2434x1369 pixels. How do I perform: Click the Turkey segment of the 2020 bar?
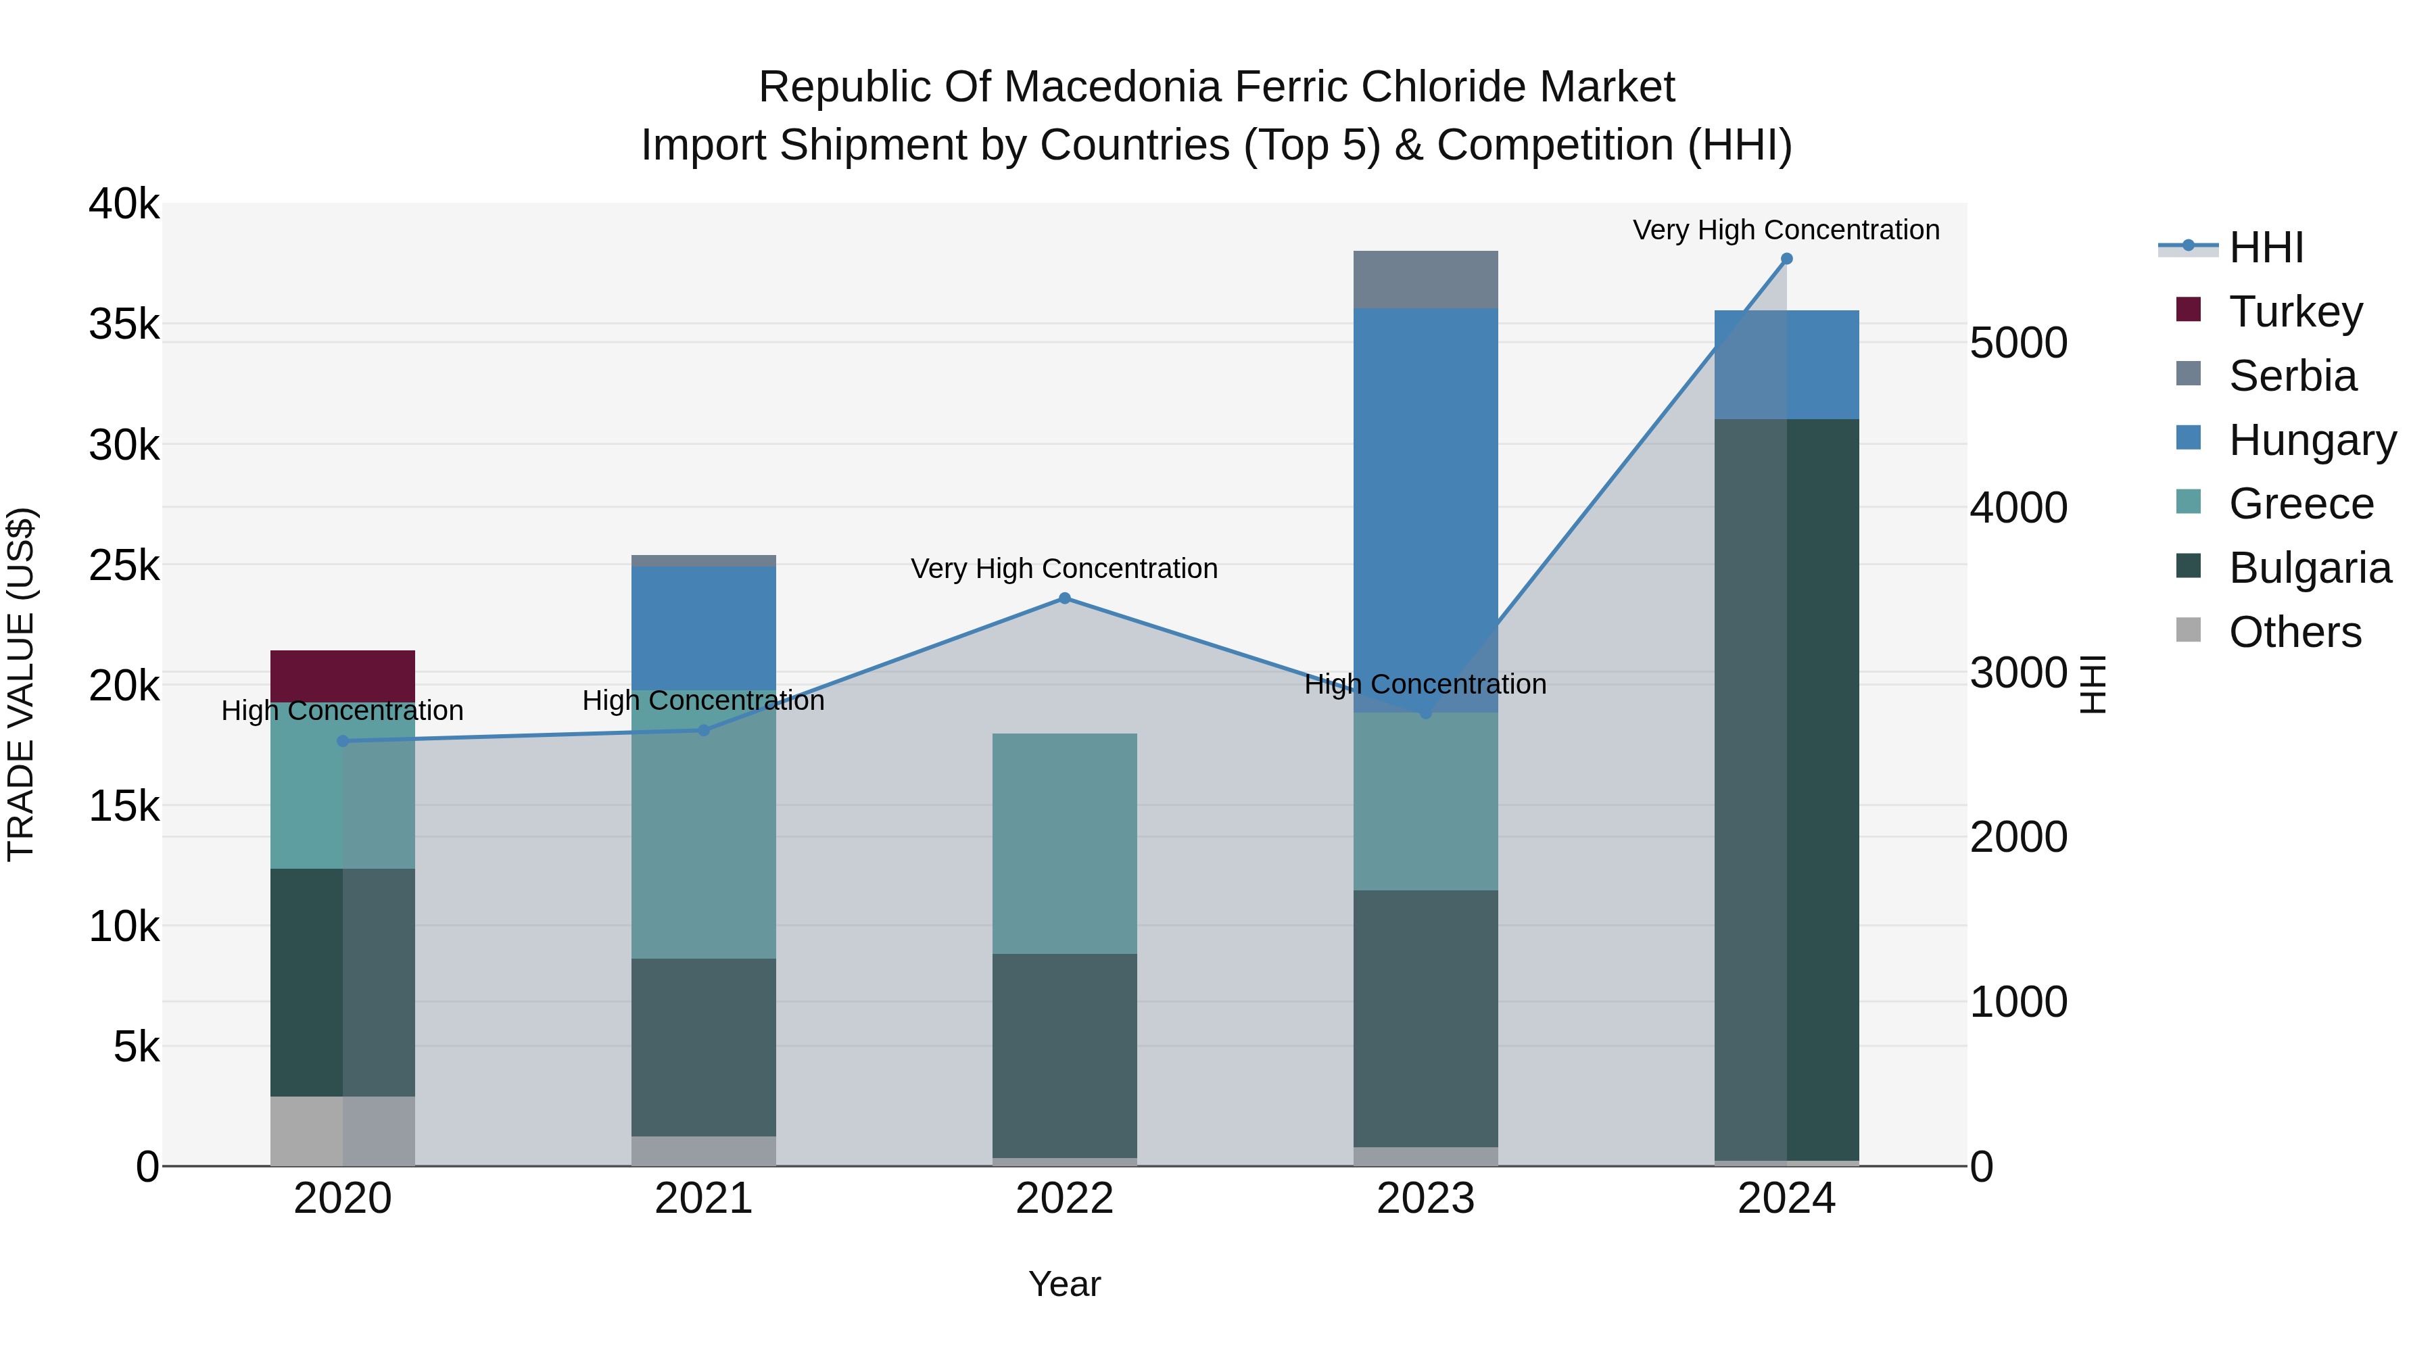(342, 675)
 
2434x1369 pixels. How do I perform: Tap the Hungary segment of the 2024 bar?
(1786, 364)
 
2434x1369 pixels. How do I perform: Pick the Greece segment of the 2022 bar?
(1064, 843)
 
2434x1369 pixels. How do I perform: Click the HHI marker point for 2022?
(1064, 598)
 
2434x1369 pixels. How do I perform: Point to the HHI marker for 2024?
(1786, 259)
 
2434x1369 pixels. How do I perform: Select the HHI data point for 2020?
(342, 741)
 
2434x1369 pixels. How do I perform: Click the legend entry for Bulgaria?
(2310, 568)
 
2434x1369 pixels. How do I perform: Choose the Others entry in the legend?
(2294, 632)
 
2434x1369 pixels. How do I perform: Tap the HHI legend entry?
(2266, 247)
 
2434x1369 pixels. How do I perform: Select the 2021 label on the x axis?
(703, 1199)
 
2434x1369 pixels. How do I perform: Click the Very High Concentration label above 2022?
(1064, 569)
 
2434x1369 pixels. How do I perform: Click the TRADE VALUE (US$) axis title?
(21, 684)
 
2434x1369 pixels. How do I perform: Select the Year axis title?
(1064, 1284)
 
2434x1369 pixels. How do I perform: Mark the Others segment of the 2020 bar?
(342, 1131)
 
